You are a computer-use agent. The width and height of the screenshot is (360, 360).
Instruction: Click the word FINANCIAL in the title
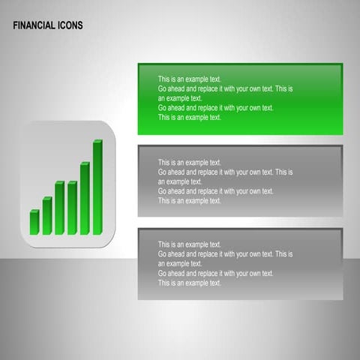click(x=33, y=25)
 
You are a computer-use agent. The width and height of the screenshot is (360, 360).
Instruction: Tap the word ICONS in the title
click(x=69, y=25)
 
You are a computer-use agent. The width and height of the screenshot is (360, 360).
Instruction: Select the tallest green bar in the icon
click(x=97, y=187)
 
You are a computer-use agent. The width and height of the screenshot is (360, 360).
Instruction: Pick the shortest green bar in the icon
click(x=34, y=222)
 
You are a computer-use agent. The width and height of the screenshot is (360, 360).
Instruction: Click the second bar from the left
click(x=46, y=216)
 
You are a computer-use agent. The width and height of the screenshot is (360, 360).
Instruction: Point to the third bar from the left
click(x=59, y=208)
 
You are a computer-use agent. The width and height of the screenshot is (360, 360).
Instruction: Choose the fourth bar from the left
click(x=72, y=208)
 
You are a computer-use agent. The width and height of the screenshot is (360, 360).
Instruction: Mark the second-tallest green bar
click(x=85, y=199)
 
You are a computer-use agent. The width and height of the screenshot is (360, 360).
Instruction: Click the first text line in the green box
click(x=189, y=79)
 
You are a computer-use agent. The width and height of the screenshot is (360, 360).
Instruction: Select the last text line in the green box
click(x=189, y=118)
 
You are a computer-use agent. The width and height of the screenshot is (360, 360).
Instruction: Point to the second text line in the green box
click(x=225, y=88)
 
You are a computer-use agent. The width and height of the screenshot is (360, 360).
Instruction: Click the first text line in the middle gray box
click(x=189, y=162)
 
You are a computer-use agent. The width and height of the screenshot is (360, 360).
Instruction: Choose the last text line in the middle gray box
click(x=189, y=201)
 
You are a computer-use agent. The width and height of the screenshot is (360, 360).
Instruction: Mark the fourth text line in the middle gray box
click(x=215, y=191)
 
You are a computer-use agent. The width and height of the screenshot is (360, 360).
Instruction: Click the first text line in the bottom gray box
click(x=189, y=244)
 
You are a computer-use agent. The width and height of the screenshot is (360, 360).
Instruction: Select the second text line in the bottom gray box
click(x=225, y=254)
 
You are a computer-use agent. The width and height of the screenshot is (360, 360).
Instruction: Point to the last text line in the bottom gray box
click(x=189, y=283)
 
